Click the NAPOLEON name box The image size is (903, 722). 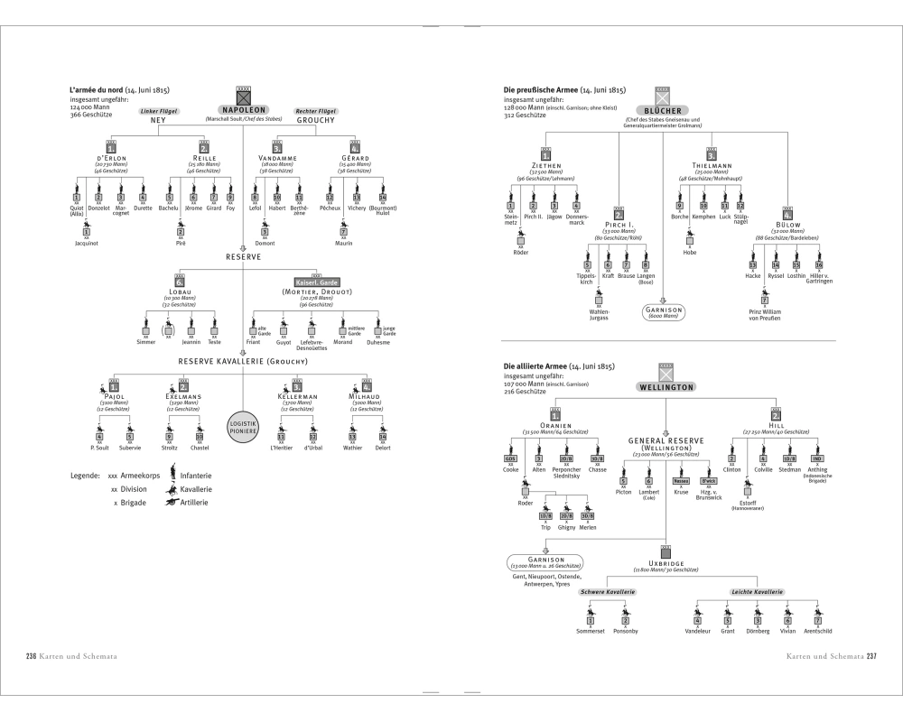(242, 108)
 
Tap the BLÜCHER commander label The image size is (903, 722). (666, 109)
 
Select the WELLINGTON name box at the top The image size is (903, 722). (666, 386)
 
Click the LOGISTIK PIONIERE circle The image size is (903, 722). (242, 424)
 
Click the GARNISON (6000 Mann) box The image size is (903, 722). (666, 311)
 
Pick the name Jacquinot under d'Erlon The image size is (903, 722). (88, 243)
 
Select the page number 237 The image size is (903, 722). (872, 656)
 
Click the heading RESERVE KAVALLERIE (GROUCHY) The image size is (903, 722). (242, 361)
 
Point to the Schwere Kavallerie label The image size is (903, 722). (608, 592)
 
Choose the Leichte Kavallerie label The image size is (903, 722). (757, 592)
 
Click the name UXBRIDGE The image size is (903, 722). (666, 563)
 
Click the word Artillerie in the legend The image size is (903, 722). (195, 502)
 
